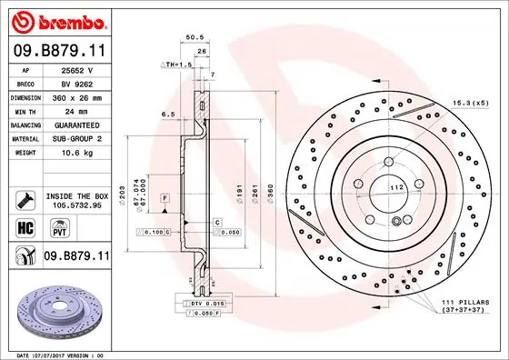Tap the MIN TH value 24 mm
(73, 110)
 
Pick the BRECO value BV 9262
(73, 83)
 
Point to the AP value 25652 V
(73, 69)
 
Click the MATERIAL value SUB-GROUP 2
(76, 138)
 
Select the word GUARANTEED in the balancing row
(76, 125)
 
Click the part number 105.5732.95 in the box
(76, 205)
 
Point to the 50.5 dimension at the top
(193, 38)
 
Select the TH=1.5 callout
(178, 65)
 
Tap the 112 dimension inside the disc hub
(396, 188)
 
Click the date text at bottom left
(63, 354)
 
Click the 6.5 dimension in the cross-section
(169, 115)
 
